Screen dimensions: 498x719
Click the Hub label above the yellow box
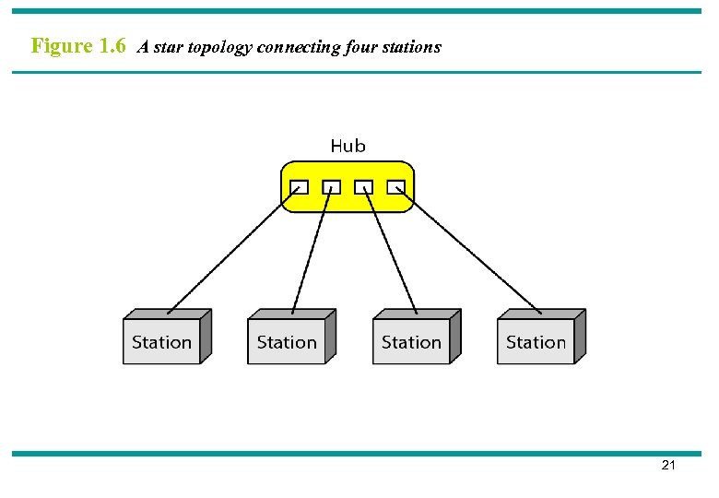[348, 146]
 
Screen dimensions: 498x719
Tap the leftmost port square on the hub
[299, 187]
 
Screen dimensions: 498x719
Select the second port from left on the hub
[331, 187]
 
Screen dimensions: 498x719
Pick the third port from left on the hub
[363, 187]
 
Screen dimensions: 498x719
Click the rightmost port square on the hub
[395, 187]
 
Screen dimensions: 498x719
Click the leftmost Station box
[162, 342]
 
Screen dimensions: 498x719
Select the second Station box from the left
[287, 342]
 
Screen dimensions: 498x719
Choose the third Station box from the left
[411, 342]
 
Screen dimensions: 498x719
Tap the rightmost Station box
[536, 342]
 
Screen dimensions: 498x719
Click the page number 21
[668, 466]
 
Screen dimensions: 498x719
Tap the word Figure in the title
[61, 46]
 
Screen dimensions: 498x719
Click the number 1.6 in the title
[112, 46]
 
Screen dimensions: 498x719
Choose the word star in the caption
[167, 47]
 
